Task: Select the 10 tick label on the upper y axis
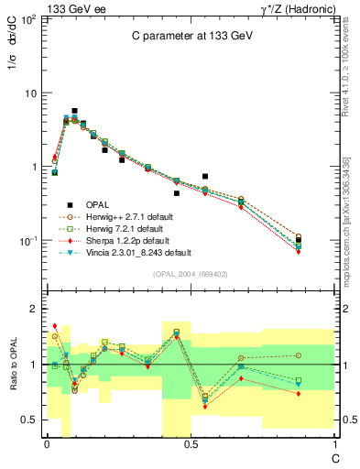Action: coord(30,93)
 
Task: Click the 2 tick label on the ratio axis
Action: coord(34,310)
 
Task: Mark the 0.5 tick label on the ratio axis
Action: coord(29,420)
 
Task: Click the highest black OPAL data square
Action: coord(74,111)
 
